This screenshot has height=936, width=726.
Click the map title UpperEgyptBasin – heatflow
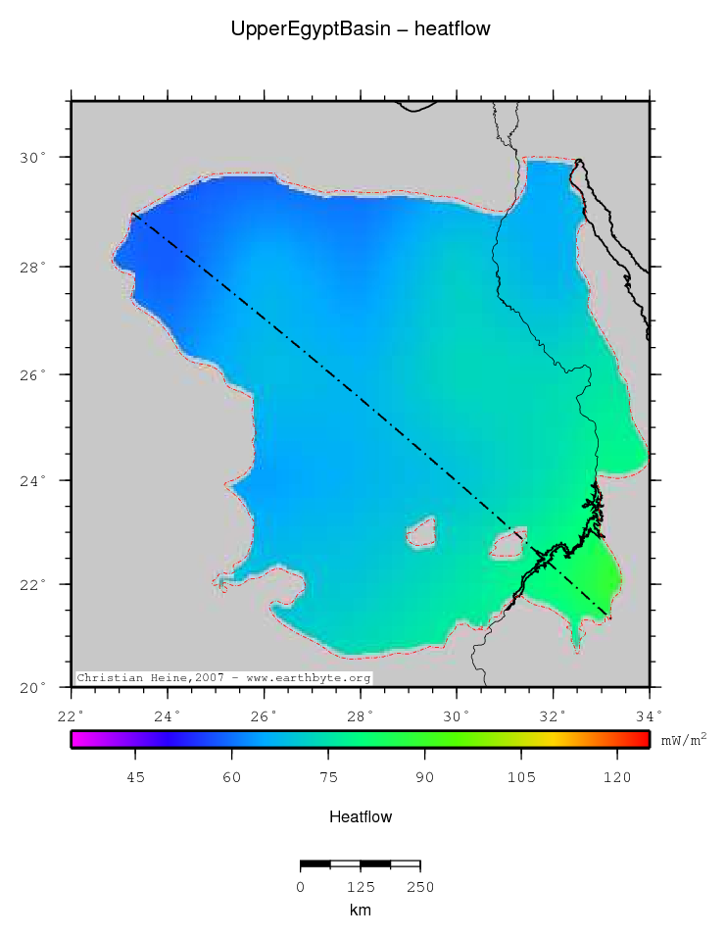[x=361, y=29]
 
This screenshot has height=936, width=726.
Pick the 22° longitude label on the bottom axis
[x=72, y=714]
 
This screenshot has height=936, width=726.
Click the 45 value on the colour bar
[x=136, y=777]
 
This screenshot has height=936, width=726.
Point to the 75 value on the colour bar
[x=328, y=777]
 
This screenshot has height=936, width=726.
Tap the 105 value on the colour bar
[x=521, y=777]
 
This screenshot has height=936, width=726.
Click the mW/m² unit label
[x=683, y=740]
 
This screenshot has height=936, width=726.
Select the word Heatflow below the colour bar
[x=361, y=816]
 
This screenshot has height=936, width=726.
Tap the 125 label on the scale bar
[x=360, y=888]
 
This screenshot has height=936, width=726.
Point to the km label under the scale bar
[x=360, y=911]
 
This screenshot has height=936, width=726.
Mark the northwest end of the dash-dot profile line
[x=132, y=214]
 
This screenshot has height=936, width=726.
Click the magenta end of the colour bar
[x=76, y=740]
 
